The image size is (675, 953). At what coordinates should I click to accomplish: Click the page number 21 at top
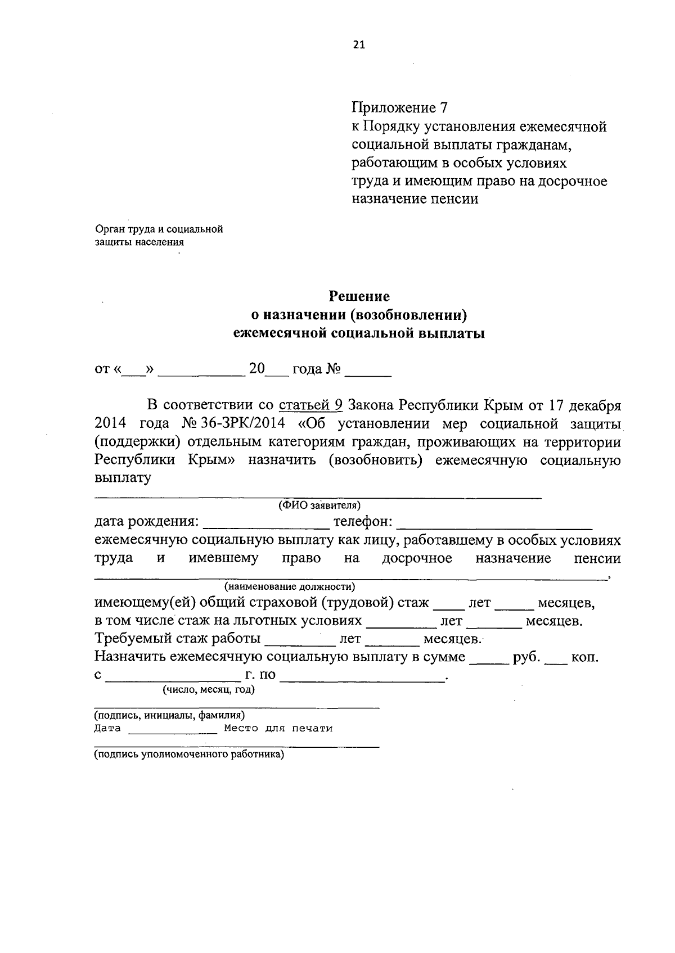point(359,46)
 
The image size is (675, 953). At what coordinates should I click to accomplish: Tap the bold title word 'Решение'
point(359,296)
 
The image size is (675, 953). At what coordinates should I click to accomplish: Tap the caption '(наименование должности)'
point(290,587)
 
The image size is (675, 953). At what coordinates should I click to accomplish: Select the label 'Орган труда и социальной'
point(159,229)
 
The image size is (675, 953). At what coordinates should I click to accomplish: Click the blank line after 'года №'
point(368,371)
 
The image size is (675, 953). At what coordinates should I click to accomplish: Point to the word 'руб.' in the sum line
point(526,657)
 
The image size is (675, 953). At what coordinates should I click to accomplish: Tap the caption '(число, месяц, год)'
point(209,689)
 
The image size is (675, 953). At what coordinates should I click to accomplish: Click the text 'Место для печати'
point(278,729)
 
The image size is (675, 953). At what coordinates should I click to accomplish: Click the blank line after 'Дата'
point(173,730)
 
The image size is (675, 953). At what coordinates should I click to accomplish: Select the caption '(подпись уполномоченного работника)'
point(189,755)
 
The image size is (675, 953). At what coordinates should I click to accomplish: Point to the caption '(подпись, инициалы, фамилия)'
point(169,715)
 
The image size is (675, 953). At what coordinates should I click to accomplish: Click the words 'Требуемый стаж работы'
point(177,639)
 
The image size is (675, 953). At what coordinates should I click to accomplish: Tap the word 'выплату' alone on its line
point(123,478)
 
